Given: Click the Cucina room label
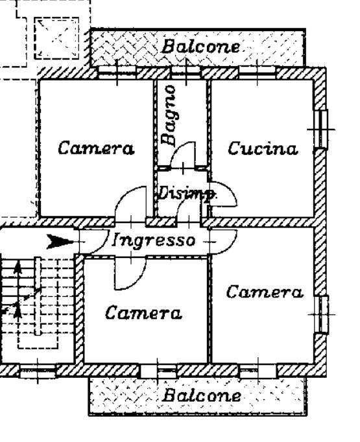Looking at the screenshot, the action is (x=263, y=148).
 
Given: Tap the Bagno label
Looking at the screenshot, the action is (x=169, y=115).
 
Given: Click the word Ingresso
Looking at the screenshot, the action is (x=154, y=241).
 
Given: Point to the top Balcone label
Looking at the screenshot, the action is (x=200, y=46).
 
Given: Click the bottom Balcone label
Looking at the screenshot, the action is (x=202, y=395).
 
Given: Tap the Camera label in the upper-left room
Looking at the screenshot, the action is (x=96, y=148).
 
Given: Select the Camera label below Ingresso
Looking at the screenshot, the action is (x=143, y=312).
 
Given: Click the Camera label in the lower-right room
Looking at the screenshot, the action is (x=265, y=292).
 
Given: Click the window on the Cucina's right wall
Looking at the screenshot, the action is (x=322, y=129).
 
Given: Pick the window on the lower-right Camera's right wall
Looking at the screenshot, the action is (x=322, y=314).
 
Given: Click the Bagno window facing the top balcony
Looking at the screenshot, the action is (x=186, y=73).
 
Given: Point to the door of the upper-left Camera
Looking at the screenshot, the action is (x=130, y=204).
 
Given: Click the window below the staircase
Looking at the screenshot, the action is (x=38, y=372).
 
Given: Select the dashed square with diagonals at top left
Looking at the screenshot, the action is (x=56, y=38).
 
